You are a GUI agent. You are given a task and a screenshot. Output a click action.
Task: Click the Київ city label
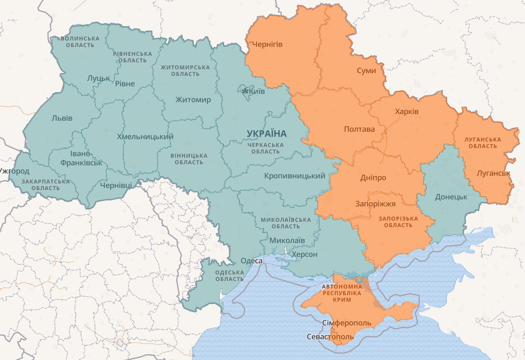point(257,91)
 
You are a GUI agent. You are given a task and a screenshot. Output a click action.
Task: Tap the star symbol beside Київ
point(245,91)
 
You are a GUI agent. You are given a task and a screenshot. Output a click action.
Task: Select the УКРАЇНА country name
point(266,133)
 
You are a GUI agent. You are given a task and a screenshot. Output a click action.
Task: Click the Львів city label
point(62,118)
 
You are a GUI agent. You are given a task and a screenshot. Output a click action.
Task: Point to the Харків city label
point(406,112)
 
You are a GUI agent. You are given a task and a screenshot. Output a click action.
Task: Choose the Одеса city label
point(252,261)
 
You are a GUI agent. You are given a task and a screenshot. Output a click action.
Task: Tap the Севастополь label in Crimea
point(330,337)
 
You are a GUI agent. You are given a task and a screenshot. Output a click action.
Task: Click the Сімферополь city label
point(347,323)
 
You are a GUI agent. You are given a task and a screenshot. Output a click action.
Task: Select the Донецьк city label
point(451,197)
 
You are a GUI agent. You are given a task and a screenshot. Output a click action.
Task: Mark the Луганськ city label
point(493,173)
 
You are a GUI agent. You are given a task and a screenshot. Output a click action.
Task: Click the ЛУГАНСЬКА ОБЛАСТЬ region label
point(483,143)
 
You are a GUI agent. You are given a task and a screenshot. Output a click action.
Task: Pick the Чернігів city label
point(267,45)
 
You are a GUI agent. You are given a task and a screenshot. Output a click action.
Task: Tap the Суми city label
point(366,70)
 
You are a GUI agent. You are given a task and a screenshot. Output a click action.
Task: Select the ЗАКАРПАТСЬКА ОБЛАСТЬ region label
point(45,185)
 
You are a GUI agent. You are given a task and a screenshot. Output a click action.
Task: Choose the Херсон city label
point(304,254)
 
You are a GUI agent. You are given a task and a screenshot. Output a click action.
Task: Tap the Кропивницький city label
point(295,176)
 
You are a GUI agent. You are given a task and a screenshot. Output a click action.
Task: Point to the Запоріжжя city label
point(375,204)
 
